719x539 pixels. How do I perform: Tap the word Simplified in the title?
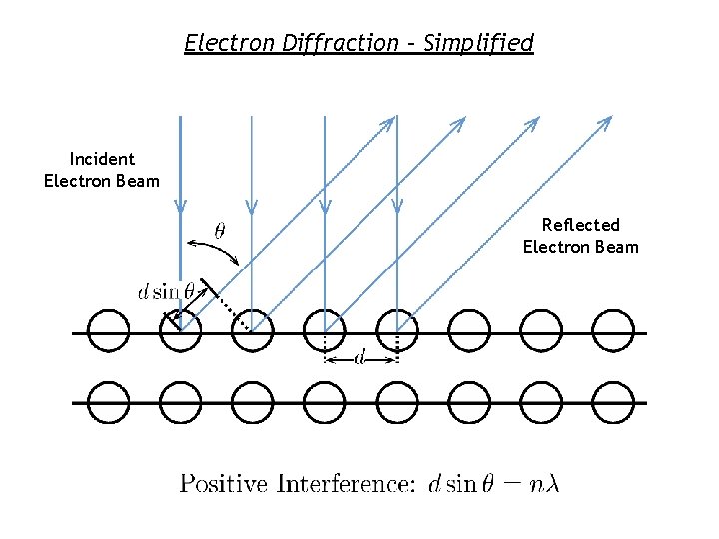click(479, 43)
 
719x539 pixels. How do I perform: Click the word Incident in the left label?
click(102, 159)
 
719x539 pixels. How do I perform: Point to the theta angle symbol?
click(220, 230)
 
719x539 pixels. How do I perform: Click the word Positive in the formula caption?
click(223, 484)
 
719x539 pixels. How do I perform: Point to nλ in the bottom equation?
click(545, 484)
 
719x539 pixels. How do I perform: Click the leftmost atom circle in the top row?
click(108, 331)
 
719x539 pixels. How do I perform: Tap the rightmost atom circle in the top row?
click(613, 331)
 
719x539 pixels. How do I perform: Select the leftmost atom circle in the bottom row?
click(108, 402)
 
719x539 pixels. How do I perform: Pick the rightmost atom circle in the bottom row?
click(613, 402)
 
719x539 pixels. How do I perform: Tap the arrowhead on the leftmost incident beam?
click(180, 206)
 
